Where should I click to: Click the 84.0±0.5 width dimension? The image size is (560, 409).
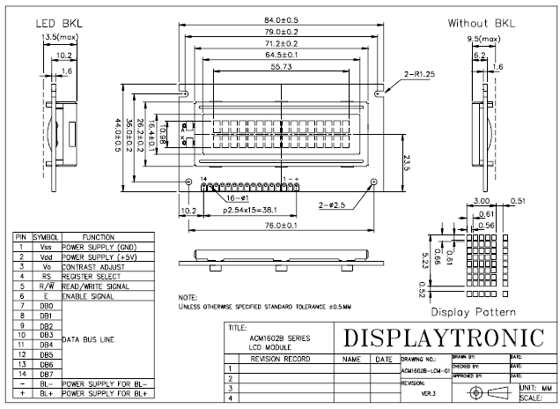coord(281,21)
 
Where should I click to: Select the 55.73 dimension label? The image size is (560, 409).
coord(281,66)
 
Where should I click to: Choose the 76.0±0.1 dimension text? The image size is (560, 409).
coord(281,227)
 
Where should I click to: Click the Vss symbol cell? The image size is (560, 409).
coord(45,247)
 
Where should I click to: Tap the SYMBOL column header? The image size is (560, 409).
coord(45,237)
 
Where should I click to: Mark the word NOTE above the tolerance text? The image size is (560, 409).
coord(188,297)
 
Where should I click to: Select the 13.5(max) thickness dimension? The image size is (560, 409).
coord(60,37)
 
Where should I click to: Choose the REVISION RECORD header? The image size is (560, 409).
coord(280,360)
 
